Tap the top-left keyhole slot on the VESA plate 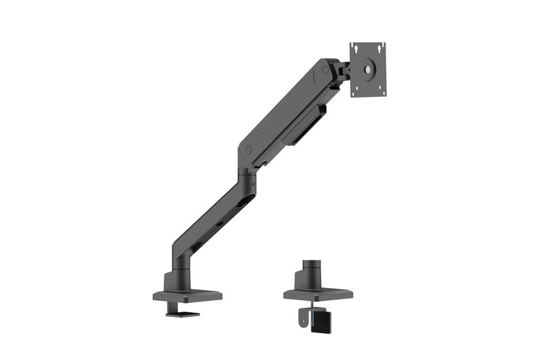355,48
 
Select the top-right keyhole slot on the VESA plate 382,46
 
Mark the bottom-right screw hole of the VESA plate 383,90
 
